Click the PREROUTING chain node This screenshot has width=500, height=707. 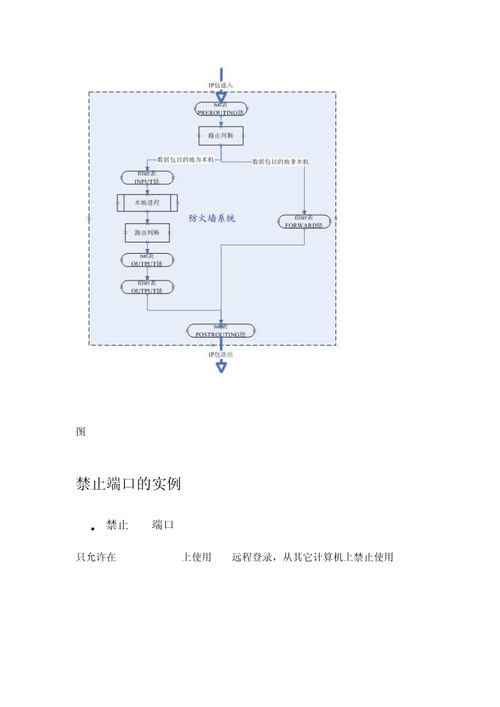tap(221, 109)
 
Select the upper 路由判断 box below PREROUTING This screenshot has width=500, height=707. tap(221, 136)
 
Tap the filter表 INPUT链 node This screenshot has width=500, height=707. tap(147, 178)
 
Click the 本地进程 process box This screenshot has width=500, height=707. tap(147, 203)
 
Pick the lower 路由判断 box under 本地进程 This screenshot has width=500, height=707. tap(147, 233)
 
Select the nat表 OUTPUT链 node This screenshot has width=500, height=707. tap(147, 260)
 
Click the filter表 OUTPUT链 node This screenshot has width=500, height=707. tap(147, 287)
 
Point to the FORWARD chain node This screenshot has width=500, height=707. tap(304, 221)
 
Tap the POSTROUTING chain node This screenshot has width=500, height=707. tap(221, 331)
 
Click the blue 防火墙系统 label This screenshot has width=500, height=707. tap(212, 218)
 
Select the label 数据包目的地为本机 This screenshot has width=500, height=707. tap(186, 159)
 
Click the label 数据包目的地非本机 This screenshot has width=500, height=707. tap(281, 161)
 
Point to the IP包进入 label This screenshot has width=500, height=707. tap(221, 85)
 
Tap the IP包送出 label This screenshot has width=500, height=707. tap(221, 355)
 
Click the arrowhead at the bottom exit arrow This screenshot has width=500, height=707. tap(221, 367)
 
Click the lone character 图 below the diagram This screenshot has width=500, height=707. tap(81, 432)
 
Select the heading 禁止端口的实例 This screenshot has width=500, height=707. tap(128, 484)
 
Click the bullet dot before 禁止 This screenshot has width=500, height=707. tap(93, 529)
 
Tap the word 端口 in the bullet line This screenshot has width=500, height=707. tap(163, 525)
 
